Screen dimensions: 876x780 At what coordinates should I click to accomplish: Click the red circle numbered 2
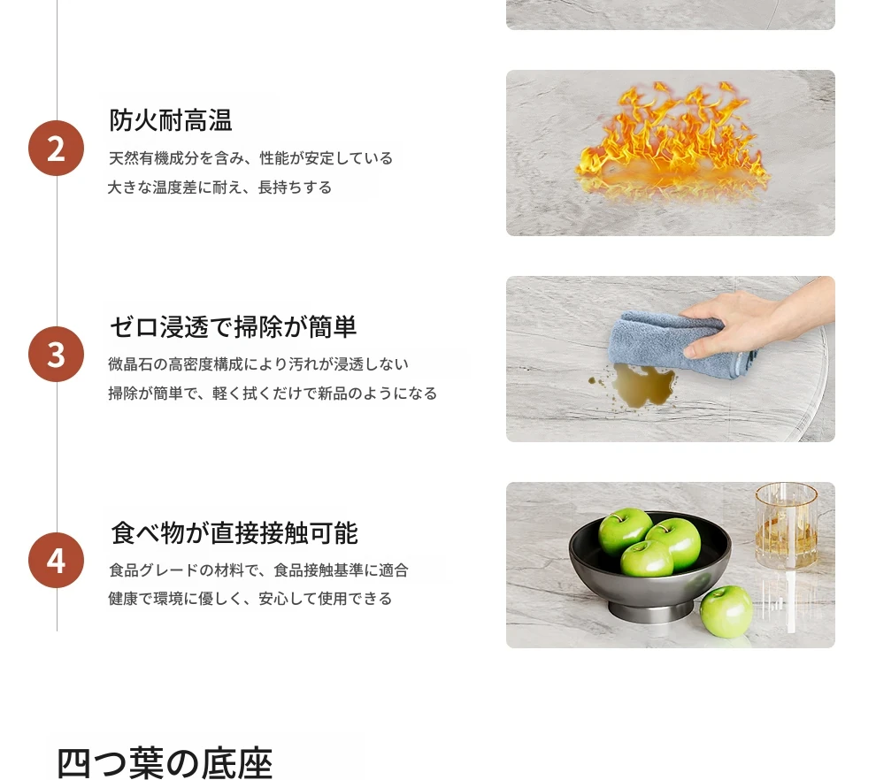click(56, 148)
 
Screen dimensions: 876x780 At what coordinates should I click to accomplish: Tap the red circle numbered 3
click(56, 354)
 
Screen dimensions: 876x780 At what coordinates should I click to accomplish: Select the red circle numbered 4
click(56, 560)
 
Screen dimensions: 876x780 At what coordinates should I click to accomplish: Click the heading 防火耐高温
click(171, 120)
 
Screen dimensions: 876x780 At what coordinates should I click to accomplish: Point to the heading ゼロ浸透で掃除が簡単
click(233, 326)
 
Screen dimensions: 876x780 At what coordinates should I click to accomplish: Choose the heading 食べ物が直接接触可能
click(234, 532)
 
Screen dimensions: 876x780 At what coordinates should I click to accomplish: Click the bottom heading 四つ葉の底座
click(165, 762)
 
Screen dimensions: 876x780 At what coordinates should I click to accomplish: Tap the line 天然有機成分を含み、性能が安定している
click(250, 158)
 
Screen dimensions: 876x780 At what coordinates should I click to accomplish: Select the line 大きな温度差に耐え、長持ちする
click(219, 187)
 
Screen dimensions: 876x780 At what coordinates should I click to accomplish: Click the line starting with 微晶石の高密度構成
click(258, 364)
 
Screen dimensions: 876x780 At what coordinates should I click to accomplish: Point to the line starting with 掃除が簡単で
click(273, 393)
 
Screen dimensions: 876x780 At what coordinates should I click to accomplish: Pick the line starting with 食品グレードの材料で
click(258, 570)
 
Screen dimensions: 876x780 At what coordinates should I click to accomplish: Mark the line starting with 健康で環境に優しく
click(250, 599)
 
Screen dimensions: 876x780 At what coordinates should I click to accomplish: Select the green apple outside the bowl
click(726, 611)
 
